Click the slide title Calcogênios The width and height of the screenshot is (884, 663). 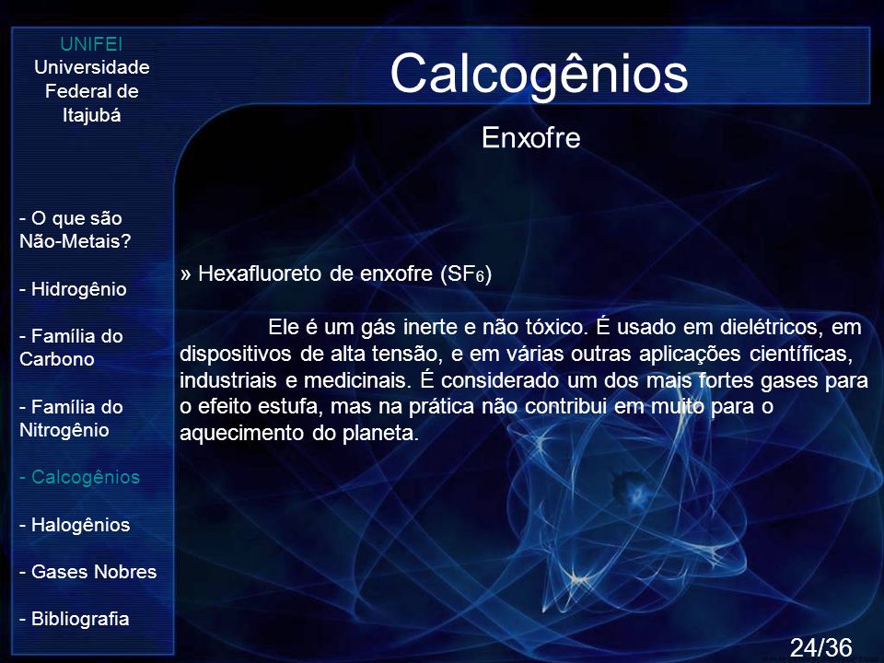(x=539, y=75)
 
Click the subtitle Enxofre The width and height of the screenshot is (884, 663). (x=531, y=137)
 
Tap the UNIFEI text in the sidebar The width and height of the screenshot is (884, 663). (x=91, y=44)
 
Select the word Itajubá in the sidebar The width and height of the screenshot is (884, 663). (x=91, y=115)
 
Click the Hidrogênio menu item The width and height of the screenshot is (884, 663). (x=74, y=288)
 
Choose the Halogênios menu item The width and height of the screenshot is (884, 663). (x=75, y=524)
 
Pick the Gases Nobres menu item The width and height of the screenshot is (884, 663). (x=88, y=572)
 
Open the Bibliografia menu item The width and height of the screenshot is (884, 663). (x=75, y=619)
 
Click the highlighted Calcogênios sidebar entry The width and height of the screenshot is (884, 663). (x=79, y=477)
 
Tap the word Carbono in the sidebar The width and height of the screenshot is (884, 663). (x=56, y=359)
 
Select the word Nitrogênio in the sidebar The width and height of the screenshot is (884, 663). (x=64, y=430)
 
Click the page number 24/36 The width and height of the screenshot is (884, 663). (x=820, y=647)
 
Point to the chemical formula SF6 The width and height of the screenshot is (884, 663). (x=466, y=274)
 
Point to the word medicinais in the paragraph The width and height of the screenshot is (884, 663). (x=356, y=380)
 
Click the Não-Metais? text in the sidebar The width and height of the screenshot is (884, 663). (x=75, y=241)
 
